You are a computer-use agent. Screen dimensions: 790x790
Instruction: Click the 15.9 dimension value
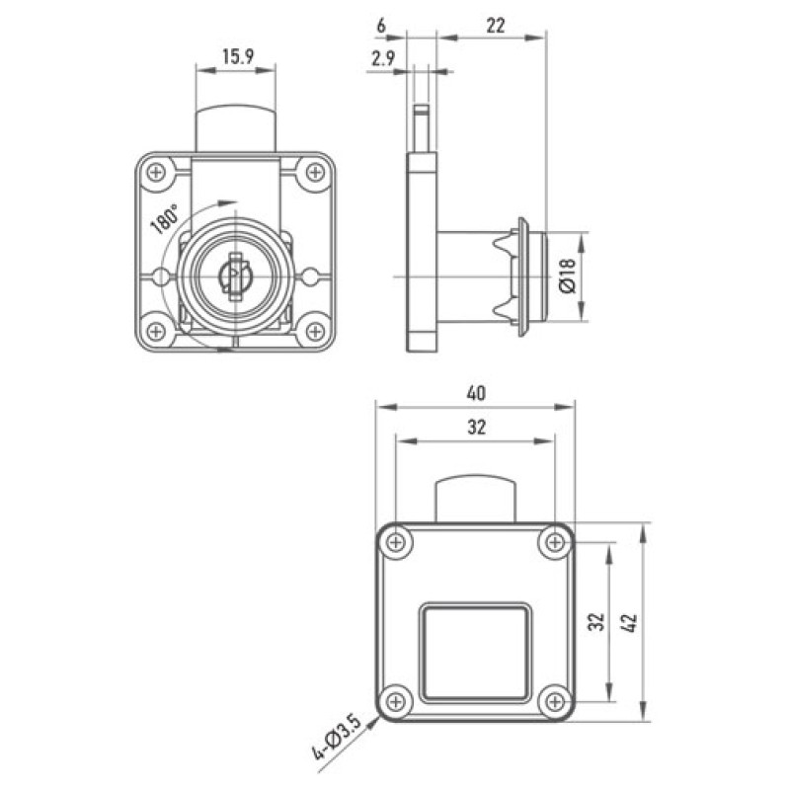click(x=238, y=57)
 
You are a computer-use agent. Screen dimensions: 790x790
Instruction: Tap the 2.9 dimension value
click(x=383, y=59)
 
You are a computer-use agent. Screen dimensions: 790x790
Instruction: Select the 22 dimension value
click(x=496, y=26)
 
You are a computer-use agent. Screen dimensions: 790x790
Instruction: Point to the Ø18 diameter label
click(x=567, y=276)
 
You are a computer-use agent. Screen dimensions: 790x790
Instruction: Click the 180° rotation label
click(x=165, y=219)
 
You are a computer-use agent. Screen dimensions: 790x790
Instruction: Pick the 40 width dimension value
click(x=476, y=393)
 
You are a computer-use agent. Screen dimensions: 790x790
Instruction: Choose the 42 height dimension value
click(x=630, y=623)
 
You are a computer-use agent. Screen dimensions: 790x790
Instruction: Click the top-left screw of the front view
click(x=156, y=172)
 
